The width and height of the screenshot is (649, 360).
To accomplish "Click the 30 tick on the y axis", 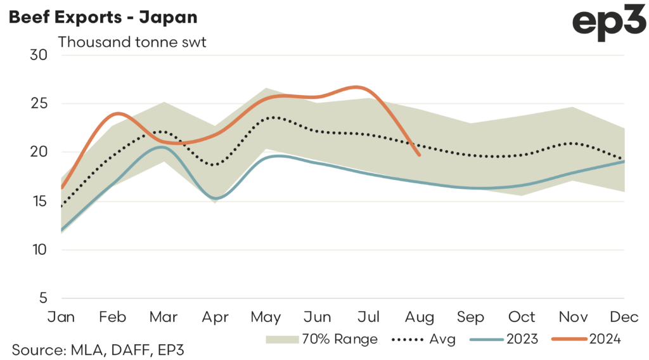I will pos(39,55).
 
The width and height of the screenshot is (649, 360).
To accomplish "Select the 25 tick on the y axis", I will pos(39,103).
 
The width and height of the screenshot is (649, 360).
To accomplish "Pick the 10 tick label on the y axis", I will pos(39,250).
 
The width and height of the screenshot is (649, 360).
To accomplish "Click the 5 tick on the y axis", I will pos(42,298).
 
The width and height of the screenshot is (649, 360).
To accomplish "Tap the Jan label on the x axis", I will pos(61,316).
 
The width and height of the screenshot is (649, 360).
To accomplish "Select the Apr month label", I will pos(215,316).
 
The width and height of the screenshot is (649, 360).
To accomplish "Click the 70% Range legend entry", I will pos(322,339).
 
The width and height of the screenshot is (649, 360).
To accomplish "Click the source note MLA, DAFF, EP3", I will pos(98,348).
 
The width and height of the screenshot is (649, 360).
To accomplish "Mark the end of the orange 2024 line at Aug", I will pos(420,155).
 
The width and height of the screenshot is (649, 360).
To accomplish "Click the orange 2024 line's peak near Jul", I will pos(358,87).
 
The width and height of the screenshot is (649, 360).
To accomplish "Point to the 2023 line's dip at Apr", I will pos(215,198).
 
